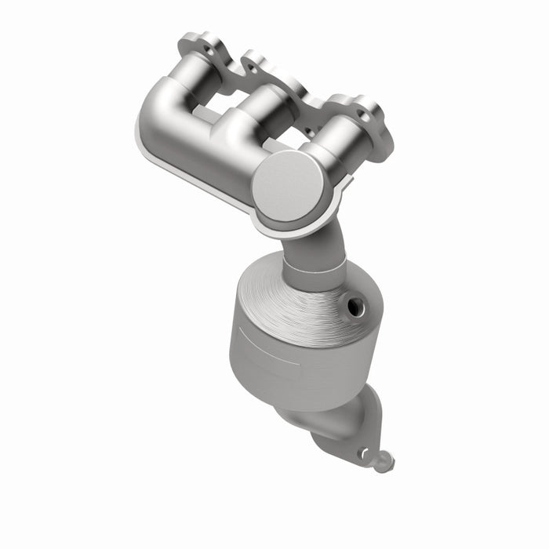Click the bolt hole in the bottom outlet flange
point(363,453)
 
